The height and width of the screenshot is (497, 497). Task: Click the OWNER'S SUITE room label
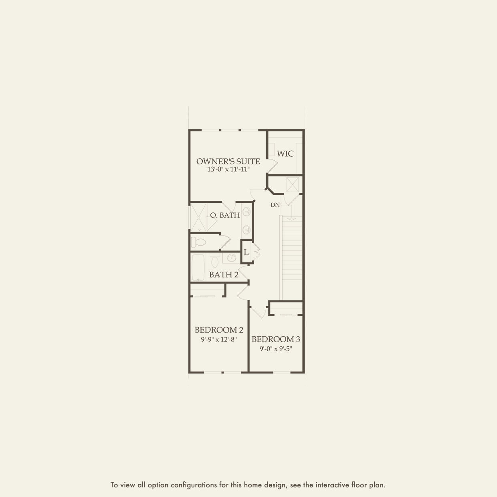point(228,162)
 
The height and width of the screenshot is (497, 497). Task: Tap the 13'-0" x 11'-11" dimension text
point(229,170)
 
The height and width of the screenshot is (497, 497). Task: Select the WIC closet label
point(285,154)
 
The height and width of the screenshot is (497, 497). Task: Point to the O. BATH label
point(225,215)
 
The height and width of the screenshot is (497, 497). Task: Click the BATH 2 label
point(224,275)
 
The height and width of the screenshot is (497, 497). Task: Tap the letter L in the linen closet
point(246,253)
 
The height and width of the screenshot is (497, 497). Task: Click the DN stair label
point(275,205)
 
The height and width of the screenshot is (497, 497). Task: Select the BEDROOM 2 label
point(219,330)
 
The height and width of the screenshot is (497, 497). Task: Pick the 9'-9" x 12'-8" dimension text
point(219,339)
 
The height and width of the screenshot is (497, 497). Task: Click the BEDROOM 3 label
point(276,339)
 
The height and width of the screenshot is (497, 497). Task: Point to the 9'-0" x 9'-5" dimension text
point(276,349)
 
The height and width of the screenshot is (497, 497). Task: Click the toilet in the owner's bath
point(198,242)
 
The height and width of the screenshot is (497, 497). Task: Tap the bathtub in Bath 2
point(198,267)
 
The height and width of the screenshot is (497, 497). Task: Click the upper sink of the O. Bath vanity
point(247,212)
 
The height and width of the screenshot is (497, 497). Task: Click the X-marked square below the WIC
point(293,184)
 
